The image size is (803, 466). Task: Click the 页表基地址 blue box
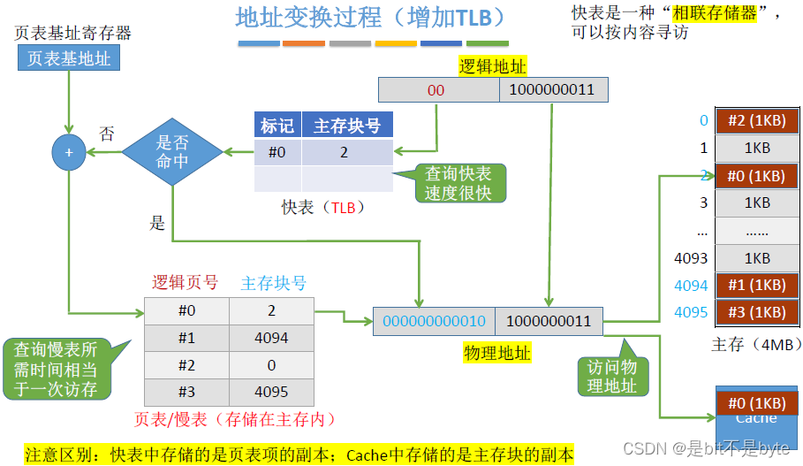pyautogui.click(x=69, y=58)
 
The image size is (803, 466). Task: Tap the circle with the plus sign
pyautogui.click(x=68, y=152)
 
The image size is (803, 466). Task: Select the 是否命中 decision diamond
pyautogui.click(x=171, y=152)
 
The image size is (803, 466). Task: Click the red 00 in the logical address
pyautogui.click(x=436, y=90)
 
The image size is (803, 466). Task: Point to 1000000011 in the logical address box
pyautogui.click(x=552, y=90)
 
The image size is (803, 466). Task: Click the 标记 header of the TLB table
pyautogui.click(x=277, y=126)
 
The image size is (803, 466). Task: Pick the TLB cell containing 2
pyautogui.click(x=345, y=152)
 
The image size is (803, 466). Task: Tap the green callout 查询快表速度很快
pyautogui.click(x=458, y=182)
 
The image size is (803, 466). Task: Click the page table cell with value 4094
pyautogui.click(x=271, y=338)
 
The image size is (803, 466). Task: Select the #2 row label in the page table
pyautogui.click(x=186, y=364)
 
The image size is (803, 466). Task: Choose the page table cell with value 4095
pyautogui.click(x=271, y=392)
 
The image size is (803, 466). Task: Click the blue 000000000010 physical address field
pyautogui.click(x=434, y=322)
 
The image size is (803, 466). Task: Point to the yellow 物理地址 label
pyautogui.click(x=497, y=353)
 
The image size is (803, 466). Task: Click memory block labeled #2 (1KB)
pyautogui.click(x=756, y=121)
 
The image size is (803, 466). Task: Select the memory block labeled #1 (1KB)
pyautogui.click(x=756, y=286)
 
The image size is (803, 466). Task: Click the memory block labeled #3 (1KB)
pyautogui.click(x=756, y=312)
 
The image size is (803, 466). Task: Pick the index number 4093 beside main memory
pyautogui.click(x=691, y=258)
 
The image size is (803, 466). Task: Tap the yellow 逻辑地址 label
pyautogui.click(x=493, y=65)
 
